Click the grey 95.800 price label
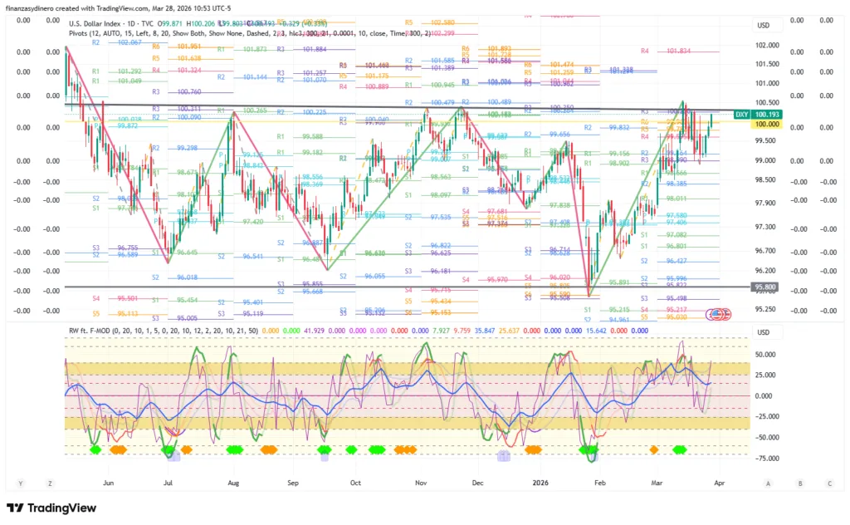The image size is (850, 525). [765, 287]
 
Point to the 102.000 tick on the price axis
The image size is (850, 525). [765, 46]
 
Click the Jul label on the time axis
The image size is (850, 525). [169, 482]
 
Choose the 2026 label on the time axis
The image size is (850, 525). [541, 482]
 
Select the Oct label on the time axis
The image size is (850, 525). [355, 482]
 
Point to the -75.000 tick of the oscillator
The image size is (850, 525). [765, 458]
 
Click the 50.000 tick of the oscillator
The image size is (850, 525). [765, 354]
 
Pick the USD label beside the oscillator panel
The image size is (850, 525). [764, 332]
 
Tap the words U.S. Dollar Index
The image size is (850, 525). [94, 23]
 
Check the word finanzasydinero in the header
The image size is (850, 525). [39, 7]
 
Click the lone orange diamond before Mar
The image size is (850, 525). [654, 449]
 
